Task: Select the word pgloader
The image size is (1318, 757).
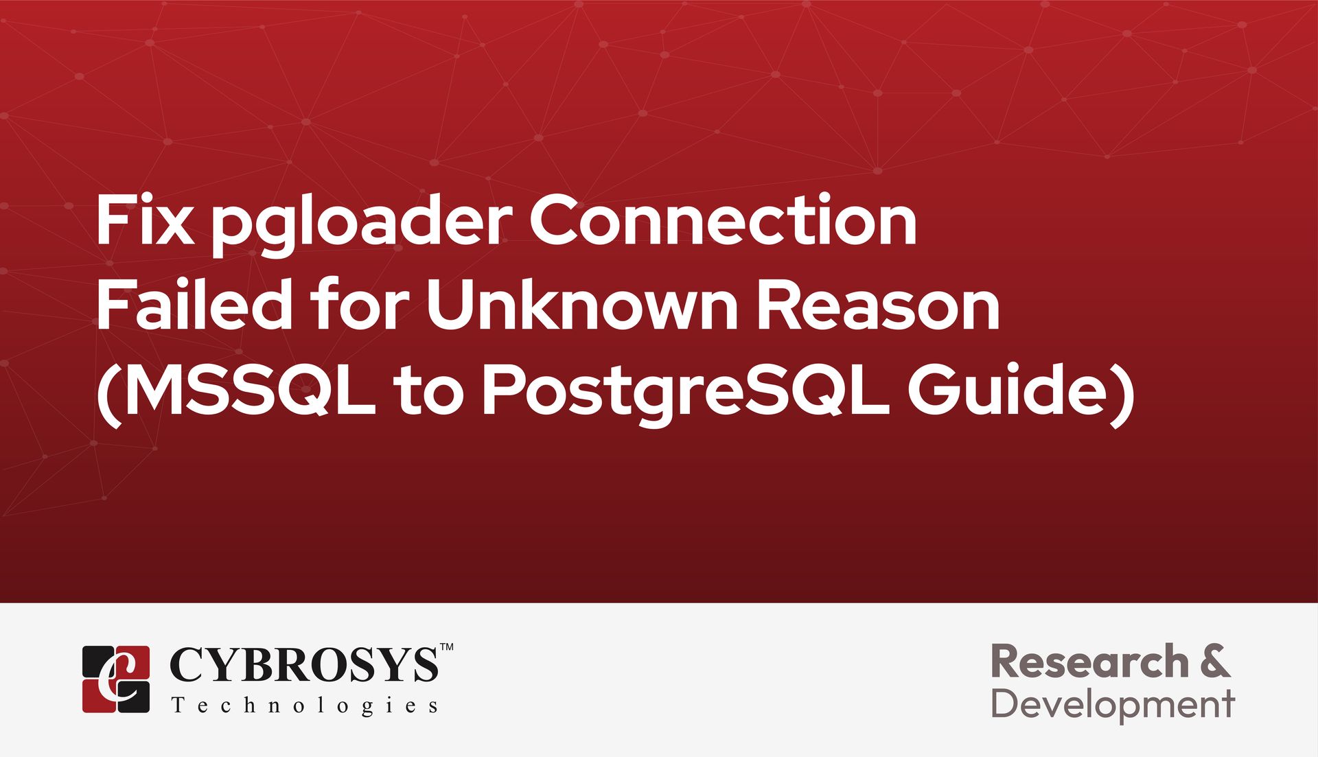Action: [x=362, y=225]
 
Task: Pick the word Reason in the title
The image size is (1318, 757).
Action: [x=878, y=305]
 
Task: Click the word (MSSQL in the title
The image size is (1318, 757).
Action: [x=236, y=391]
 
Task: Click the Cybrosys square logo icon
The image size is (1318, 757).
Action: [x=116, y=679]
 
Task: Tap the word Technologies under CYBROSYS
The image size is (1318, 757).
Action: [x=304, y=706]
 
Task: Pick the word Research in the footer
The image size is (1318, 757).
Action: [x=1090, y=662]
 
